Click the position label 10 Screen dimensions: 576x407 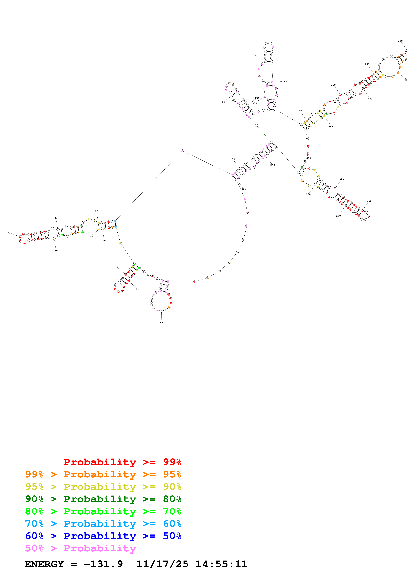[x=162, y=323]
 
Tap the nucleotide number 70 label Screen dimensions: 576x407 [x=9, y=233]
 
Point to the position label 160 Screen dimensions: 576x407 [x=285, y=82]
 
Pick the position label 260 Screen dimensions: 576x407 [x=369, y=201]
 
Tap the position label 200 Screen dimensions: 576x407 [x=400, y=41]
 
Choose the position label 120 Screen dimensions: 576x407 [x=222, y=102]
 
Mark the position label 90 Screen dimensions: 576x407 [x=97, y=211]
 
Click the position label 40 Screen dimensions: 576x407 [x=117, y=267]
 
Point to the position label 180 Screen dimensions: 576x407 [x=333, y=85]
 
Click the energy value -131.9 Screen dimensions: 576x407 [x=103, y=564]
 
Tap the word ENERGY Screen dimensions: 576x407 [x=44, y=564]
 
